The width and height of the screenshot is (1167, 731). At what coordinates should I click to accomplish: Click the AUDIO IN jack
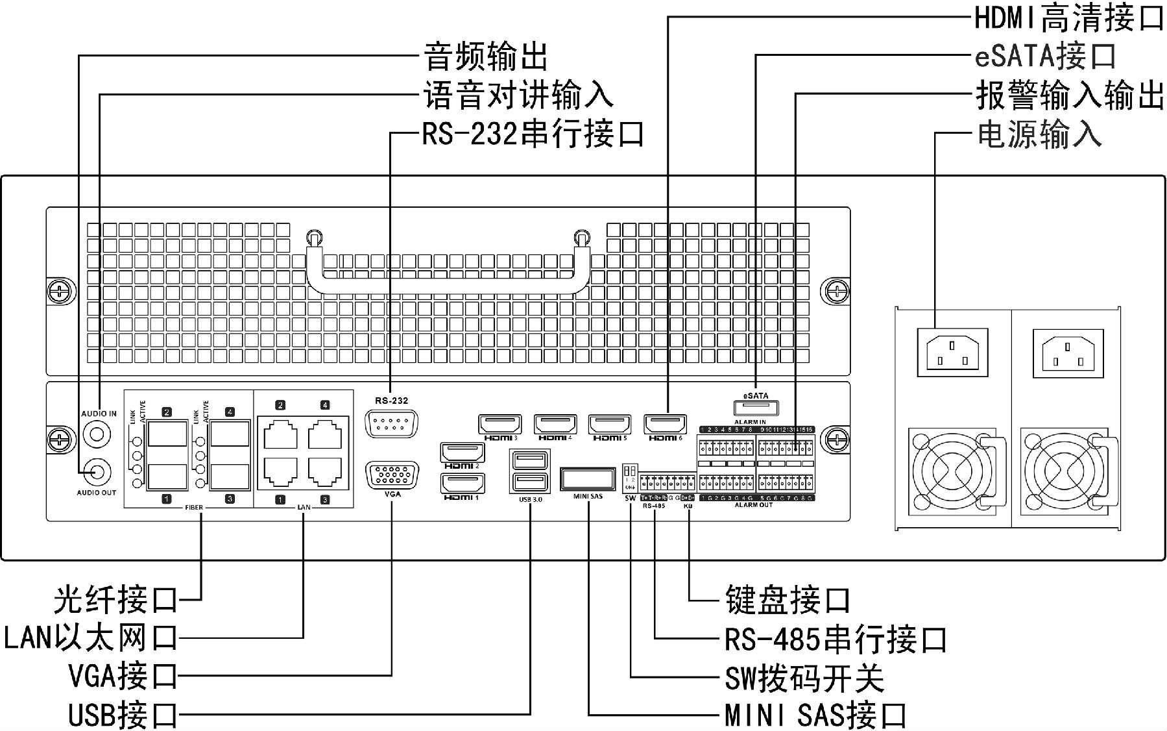(x=97, y=432)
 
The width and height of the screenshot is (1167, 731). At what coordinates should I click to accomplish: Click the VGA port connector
(x=392, y=476)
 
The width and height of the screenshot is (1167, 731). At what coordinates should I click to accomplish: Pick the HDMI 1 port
(x=463, y=484)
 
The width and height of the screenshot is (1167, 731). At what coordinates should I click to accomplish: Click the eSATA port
(x=756, y=408)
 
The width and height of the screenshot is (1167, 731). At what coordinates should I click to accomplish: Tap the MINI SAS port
(x=588, y=479)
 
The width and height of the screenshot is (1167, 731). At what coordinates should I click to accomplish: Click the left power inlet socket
(x=952, y=352)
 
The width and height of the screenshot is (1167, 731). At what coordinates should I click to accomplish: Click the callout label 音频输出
(x=485, y=56)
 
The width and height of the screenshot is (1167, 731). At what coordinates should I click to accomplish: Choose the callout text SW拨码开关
(x=804, y=678)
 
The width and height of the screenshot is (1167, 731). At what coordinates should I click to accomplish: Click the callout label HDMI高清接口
(x=1069, y=18)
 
